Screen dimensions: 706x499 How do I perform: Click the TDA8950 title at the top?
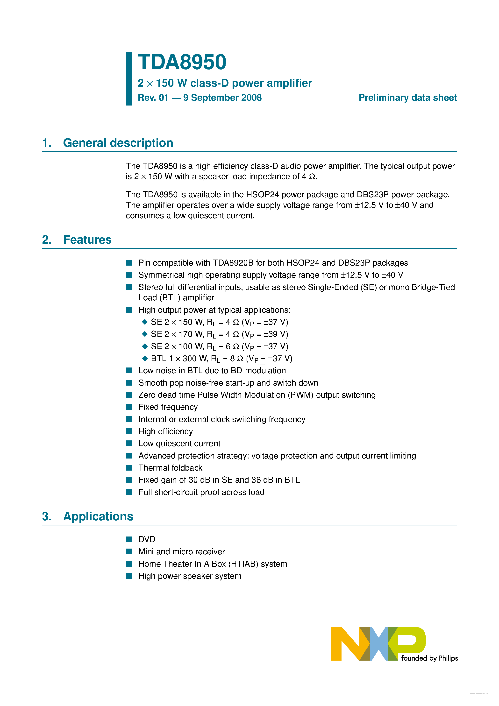pyautogui.click(x=182, y=62)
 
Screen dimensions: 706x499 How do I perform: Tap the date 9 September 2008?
pyautogui.click(x=222, y=98)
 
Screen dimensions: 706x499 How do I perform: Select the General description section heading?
pyautogui.click(x=118, y=143)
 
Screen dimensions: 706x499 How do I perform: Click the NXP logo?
pyautogui.click(x=378, y=643)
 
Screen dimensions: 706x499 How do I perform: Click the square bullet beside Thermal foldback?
pyautogui.click(x=129, y=468)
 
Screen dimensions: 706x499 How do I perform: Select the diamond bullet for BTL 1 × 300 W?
pyautogui.click(x=145, y=358)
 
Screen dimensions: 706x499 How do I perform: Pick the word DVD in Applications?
pyautogui.click(x=147, y=539)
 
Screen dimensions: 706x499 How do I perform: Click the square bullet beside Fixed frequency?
pyautogui.click(x=129, y=407)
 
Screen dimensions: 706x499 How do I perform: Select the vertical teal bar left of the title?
pyautogui.click(x=129, y=78)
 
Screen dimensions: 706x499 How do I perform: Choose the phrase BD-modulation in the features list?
pyautogui.click(x=258, y=371)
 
